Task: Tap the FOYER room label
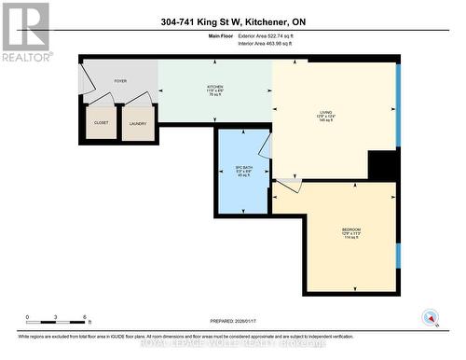119,82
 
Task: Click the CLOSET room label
101,122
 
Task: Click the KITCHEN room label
215,90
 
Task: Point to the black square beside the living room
382,164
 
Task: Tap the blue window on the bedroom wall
398,255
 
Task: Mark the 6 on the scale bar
86,318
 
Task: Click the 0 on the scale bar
27,318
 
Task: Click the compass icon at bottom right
431,317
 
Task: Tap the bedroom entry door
287,186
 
